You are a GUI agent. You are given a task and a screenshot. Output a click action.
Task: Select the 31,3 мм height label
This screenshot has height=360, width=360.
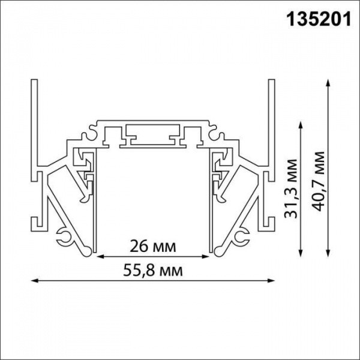pyautogui.click(x=292, y=190)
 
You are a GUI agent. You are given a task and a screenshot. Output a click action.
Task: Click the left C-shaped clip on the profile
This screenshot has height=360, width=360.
pyautogui.click(x=65, y=235)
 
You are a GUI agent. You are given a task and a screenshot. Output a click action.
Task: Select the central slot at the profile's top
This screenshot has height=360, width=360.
pyautogui.click(x=153, y=135)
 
